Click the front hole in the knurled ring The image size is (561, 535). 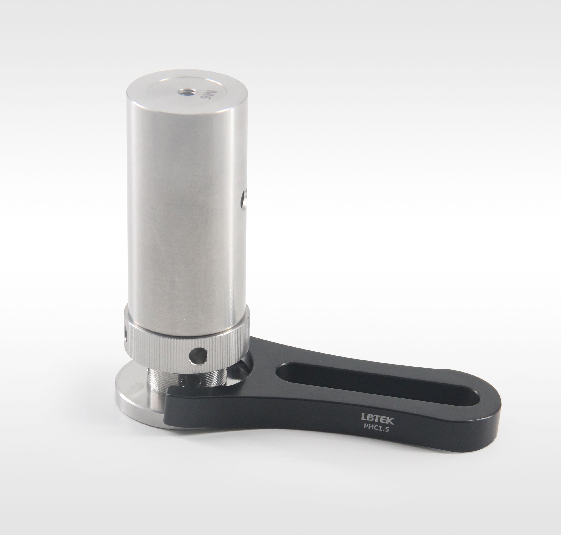point(198,356)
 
